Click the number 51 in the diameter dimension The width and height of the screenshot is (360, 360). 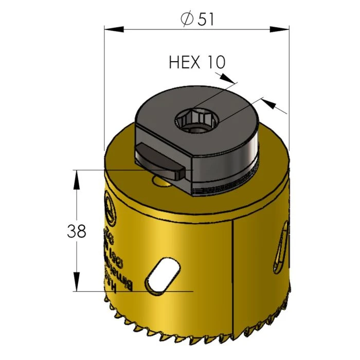(204, 19)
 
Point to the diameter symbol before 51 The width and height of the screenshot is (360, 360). (186, 19)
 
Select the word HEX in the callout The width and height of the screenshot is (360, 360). (184, 62)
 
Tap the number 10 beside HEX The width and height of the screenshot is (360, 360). (216, 62)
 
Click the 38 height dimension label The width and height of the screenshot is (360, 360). (76, 231)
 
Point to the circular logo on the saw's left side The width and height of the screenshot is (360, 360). (109, 206)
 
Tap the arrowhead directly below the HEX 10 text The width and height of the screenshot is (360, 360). (227, 78)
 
